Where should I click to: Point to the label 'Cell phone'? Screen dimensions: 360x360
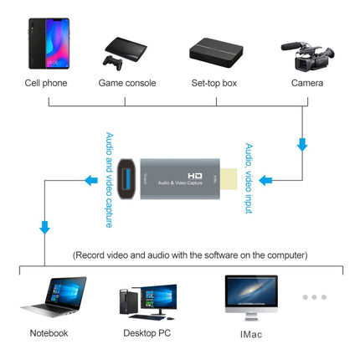[47, 83]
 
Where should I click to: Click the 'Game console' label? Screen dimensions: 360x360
[126, 83]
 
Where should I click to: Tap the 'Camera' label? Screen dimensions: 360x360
[306, 83]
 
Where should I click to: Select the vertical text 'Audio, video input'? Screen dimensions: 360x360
[249, 177]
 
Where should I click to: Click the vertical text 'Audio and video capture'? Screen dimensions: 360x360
[109, 178]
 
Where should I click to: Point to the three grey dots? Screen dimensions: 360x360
[314, 296]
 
